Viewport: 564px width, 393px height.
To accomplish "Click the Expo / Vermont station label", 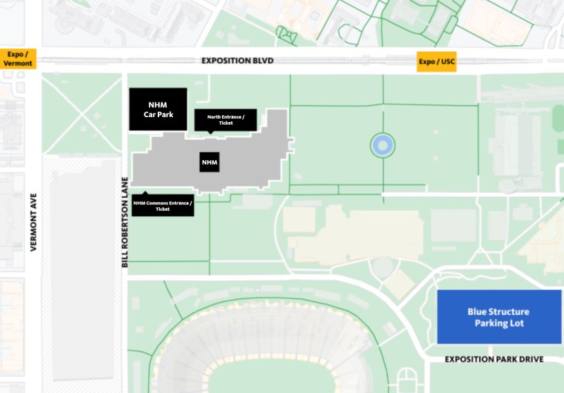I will point(18,59).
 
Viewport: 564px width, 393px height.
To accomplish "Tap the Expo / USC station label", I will point(437,62).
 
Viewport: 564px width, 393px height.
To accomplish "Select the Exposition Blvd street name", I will point(237,61).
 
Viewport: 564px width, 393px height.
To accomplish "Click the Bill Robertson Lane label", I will point(125,222).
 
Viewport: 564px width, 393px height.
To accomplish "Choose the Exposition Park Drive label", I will point(493,359).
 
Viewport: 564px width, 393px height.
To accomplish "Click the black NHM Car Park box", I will point(158,109).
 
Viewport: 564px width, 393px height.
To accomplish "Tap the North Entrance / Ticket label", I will point(226,120).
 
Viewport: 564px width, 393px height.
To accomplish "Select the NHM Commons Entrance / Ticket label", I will point(163,206).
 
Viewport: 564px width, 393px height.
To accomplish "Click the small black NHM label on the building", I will point(210,163).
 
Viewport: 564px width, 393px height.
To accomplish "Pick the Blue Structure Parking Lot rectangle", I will point(498,317).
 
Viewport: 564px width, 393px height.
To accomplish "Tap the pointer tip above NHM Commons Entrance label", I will point(145,193).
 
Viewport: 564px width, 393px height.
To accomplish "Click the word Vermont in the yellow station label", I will point(18,63).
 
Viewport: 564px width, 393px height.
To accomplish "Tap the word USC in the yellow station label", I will point(448,62).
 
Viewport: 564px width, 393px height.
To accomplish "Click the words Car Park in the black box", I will point(158,114).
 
